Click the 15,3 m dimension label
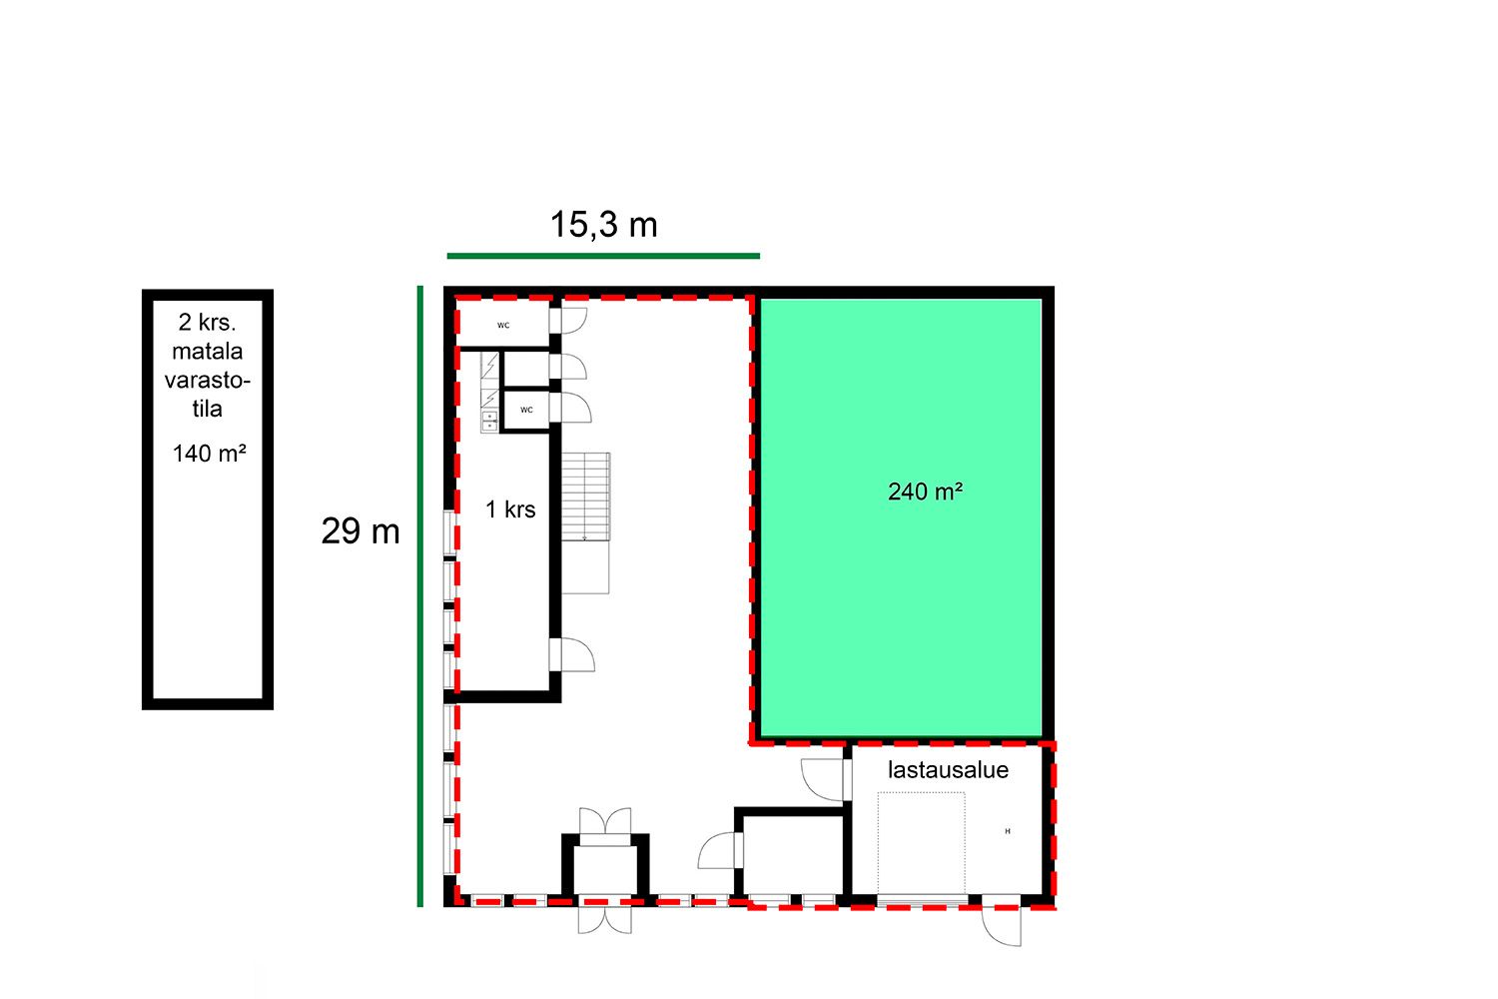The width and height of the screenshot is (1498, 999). click(x=603, y=224)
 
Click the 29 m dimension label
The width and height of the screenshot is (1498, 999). click(x=361, y=531)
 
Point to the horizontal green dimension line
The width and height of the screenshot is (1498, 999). click(x=603, y=256)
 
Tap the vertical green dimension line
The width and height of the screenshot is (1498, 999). click(x=420, y=596)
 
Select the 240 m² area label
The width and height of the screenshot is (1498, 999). click(x=925, y=492)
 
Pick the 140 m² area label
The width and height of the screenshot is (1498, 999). click(x=210, y=454)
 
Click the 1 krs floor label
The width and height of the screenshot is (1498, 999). click(x=510, y=509)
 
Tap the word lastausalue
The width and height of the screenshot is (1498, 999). click(x=948, y=770)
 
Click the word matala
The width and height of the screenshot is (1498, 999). click(x=208, y=352)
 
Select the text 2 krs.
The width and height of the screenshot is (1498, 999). click(x=208, y=323)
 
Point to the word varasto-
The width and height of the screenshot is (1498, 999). click(x=208, y=380)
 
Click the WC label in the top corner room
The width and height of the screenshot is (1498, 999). click(x=503, y=326)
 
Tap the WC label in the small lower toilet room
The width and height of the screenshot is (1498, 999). click(x=527, y=410)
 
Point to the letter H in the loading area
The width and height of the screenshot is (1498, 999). click(x=1008, y=831)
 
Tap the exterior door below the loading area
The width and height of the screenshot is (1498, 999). click(x=1003, y=925)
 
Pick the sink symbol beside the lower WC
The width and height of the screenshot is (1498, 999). click(x=489, y=421)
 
